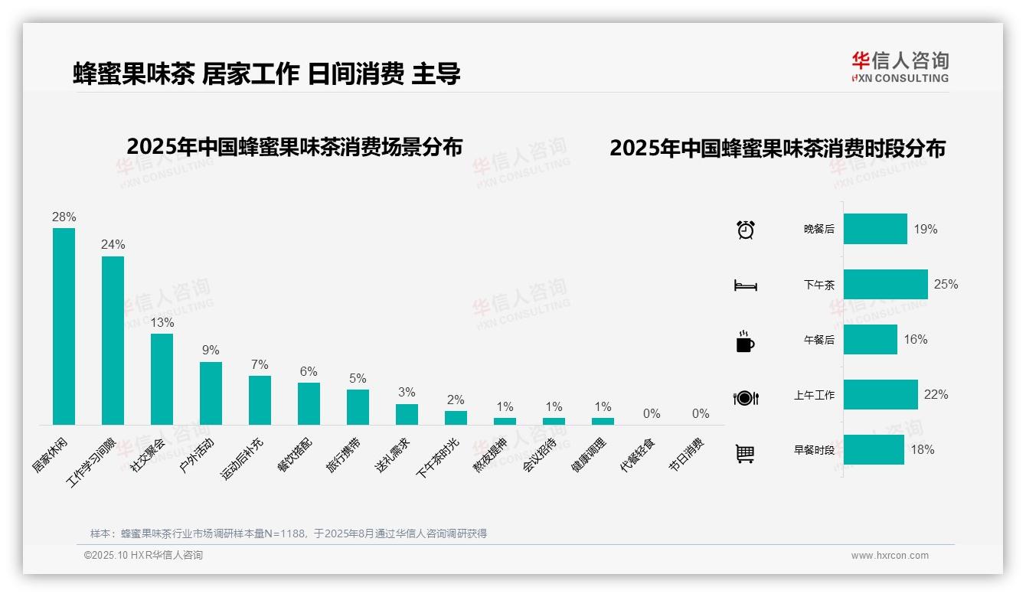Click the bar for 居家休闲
pos(64,326)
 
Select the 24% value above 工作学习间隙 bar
pos(113,245)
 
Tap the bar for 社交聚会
pos(162,379)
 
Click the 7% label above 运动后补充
pos(260,364)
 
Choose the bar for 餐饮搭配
pos(309,403)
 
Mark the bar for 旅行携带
pos(358,407)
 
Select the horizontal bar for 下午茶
pos(885,284)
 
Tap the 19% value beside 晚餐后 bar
pos(925,229)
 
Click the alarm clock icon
pos(746,230)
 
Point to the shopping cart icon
pos(745,453)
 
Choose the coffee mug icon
pos(745,341)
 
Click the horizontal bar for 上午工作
pos(881,395)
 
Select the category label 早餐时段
pos(814,450)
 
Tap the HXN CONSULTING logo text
pos(900,78)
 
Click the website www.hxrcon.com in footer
pos(890,556)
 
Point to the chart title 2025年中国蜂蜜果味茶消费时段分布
pos(777,148)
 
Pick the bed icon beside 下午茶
pos(745,285)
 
